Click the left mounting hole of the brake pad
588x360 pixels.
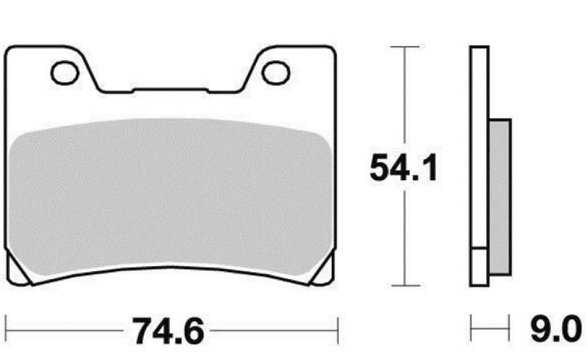point(65,73)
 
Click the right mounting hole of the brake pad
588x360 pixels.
point(275,72)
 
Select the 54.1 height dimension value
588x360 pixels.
point(404,168)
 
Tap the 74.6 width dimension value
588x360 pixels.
point(168,332)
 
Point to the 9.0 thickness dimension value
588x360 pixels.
point(553,331)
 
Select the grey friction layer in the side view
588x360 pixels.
point(500,196)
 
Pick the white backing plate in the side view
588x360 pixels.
point(479,147)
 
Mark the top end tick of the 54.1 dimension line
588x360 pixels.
point(404,47)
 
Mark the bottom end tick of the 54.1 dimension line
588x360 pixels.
point(404,285)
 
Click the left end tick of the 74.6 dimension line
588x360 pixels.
point(6,332)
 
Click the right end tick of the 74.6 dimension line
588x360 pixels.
point(337,332)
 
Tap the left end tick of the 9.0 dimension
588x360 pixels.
point(471,331)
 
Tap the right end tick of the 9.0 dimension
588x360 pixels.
point(509,331)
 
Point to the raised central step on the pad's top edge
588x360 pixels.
point(170,91)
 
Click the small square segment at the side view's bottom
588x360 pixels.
point(479,267)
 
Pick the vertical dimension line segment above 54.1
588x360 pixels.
point(404,98)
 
